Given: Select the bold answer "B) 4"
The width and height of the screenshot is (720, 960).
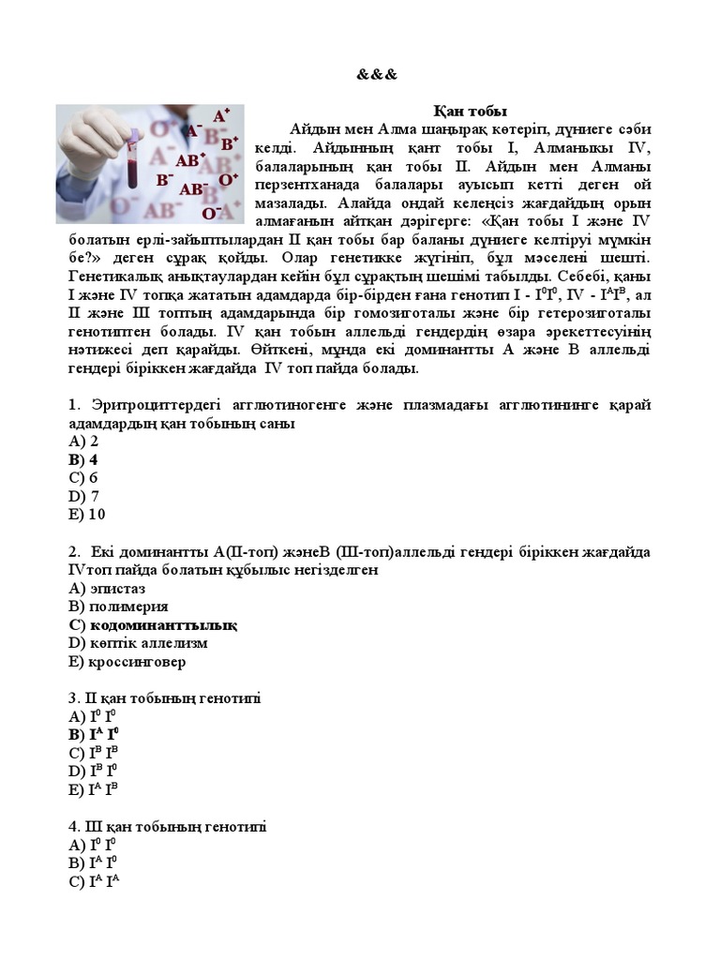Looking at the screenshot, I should click(x=83, y=459).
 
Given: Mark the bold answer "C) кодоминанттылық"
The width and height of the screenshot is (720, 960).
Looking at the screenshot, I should click(x=153, y=624).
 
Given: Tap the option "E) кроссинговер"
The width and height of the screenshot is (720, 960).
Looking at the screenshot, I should click(x=127, y=661).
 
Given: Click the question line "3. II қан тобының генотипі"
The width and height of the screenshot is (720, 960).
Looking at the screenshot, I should click(x=164, y=698).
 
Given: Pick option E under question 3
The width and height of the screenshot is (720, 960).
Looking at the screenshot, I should click(x=94, y=789).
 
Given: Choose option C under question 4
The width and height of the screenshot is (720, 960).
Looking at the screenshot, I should click(x=94, y=881).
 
